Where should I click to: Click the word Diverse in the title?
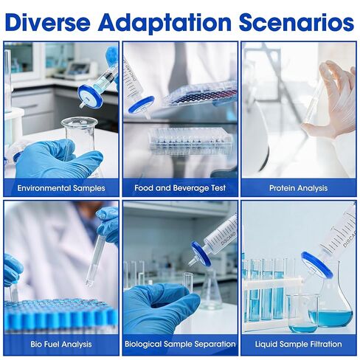48,22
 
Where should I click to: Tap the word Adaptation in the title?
165,23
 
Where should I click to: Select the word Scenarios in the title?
297,22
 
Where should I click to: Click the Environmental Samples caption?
61,188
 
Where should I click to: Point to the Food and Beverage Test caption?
180,188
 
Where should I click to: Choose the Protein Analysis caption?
298,188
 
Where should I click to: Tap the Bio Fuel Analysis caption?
61,344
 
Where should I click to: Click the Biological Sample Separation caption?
180,344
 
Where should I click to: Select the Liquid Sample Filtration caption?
298,344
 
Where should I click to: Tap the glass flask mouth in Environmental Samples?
80,122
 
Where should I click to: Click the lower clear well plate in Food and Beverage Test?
190,142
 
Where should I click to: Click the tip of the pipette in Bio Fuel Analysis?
89,285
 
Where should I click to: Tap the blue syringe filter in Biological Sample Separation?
201,254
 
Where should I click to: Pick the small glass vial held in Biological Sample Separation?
188,283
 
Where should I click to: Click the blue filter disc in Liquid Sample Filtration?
317,264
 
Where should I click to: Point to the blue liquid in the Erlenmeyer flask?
330,318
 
